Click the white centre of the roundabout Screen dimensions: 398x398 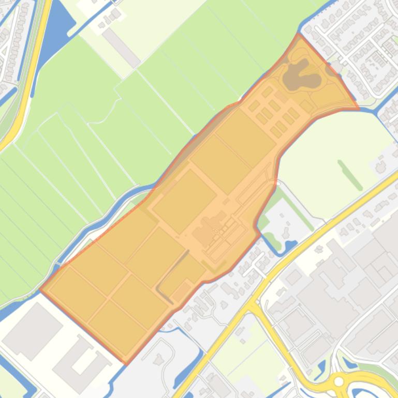point(339,382)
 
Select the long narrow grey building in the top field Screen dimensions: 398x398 point(121,48)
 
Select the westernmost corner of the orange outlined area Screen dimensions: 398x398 point(41,290)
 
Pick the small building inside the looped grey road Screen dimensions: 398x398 point(158,357)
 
